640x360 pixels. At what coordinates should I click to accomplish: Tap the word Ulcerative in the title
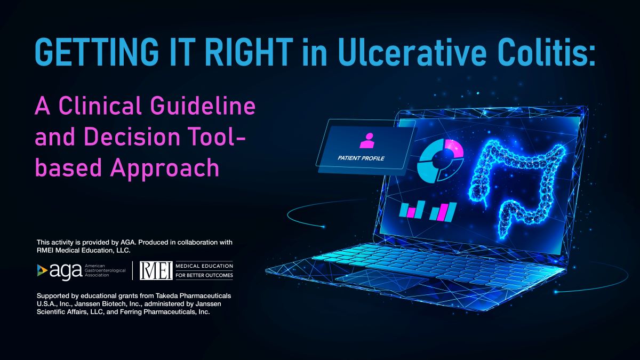412,52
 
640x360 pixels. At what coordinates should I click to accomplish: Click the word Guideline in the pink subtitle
203,106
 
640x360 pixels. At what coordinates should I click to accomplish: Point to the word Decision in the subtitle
132,136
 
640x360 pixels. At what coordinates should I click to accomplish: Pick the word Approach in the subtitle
165,168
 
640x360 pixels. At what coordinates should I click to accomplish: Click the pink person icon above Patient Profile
367,141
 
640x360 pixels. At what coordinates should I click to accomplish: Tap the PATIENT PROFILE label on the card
361,158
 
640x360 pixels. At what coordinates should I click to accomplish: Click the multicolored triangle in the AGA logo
42,270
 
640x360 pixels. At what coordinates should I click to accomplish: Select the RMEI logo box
156,270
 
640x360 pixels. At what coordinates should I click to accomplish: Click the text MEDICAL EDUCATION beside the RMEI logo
204,266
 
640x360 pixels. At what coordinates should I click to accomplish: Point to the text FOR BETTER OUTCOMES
204,275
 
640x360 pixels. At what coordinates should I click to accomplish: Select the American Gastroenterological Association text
105,270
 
